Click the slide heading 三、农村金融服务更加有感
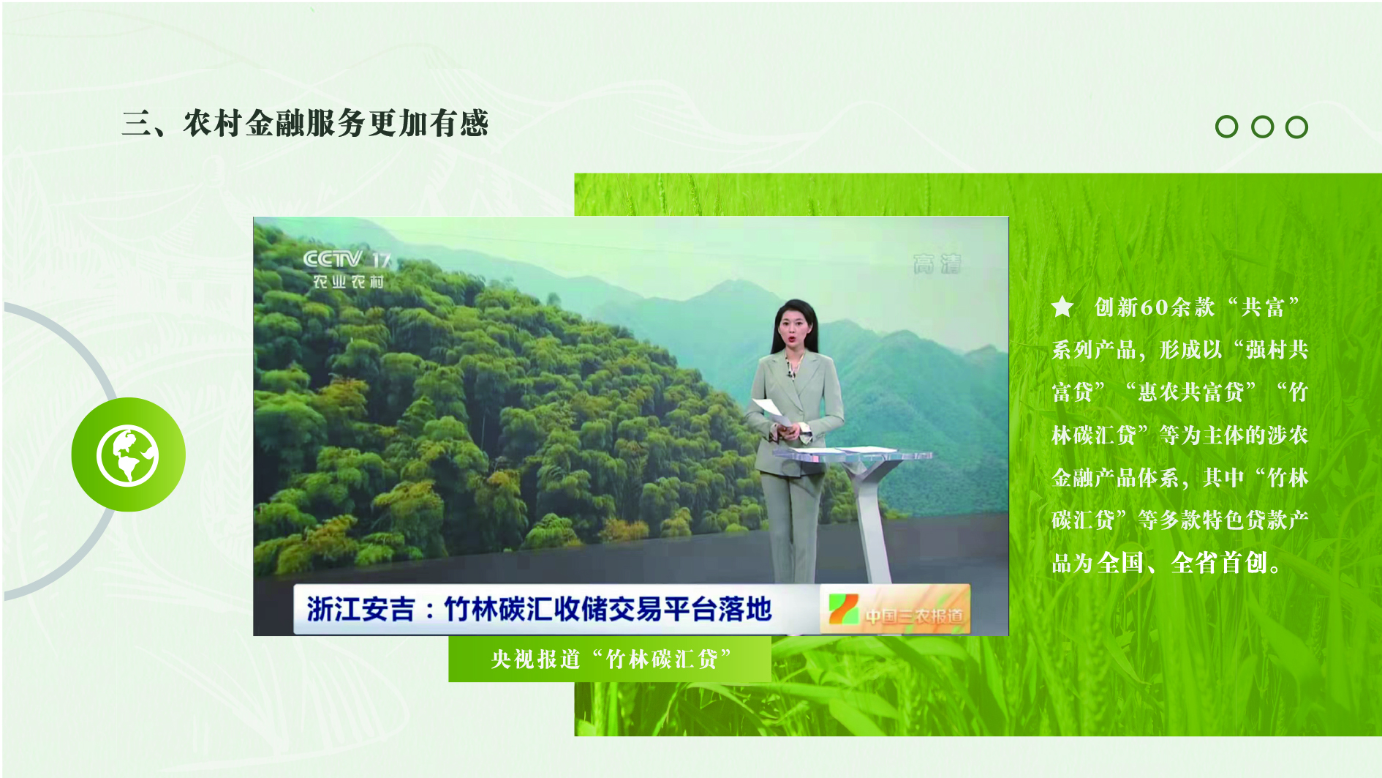305,123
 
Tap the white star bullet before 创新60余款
1062,307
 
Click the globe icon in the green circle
128,455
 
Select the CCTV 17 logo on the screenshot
347,259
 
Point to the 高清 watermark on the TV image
937,264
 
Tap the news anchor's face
794,326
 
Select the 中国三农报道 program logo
896,609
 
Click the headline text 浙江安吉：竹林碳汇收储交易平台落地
540,609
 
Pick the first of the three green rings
1226,127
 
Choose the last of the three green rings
1296,127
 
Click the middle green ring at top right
1262,127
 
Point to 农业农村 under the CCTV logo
348,282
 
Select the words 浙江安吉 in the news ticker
360,609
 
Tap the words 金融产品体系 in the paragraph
1115,478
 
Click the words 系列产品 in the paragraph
1094,350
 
